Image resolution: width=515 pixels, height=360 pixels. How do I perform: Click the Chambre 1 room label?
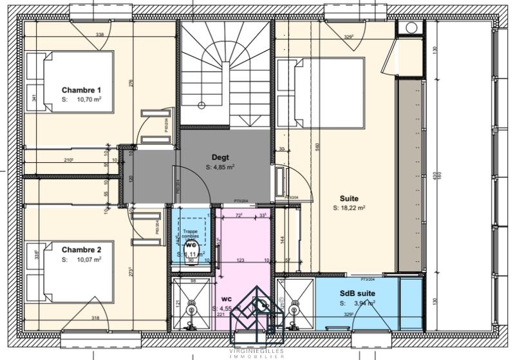click(82, 90)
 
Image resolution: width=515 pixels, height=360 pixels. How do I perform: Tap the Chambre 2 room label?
click(82, 249)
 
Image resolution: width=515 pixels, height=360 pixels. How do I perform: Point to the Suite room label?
click(349, 198)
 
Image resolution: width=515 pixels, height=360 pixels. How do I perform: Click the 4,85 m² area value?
click(223, 166)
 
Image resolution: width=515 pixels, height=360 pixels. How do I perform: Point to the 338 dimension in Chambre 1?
click(99, 34)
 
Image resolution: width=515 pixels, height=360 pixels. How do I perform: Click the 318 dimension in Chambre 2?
click(95, 317)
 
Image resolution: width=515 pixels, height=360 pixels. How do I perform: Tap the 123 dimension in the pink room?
click(240, 260)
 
